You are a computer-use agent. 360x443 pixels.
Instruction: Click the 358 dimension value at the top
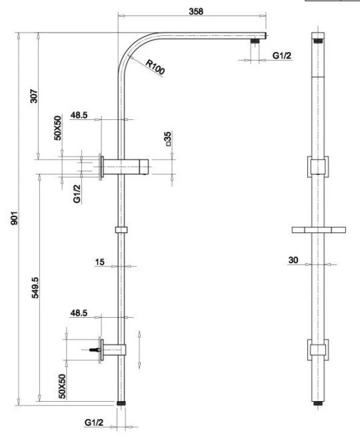pyautogui.click(x=196, y=11)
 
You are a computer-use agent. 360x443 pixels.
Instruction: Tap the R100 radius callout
pyautogui.click(x=155, y=67)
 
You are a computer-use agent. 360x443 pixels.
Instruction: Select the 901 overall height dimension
pyautogui.click(x=14, y=218)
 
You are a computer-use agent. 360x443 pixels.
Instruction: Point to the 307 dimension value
pyautogui.click(x=33, y=96)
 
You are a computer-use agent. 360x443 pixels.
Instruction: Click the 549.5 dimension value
pyautogui.click(x=35, y=288)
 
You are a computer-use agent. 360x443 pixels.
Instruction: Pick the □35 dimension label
pyautogui.click(x=168, y=139)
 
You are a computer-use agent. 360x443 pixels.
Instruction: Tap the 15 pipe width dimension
pyautogui.click(x=99, y=262)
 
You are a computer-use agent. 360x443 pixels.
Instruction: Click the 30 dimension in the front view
pyautogui.click(x=293, y=260)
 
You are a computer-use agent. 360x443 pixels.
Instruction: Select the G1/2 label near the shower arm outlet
pyautogui.click(x=281, y=55)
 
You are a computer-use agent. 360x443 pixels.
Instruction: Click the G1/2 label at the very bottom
pyautogui.click(x=94, y=422)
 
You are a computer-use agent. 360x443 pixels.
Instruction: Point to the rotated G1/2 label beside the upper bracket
pyautogui.click(x=77, y=194)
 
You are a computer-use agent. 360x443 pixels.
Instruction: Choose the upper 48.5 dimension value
pyautogui.click(x=79, y=115)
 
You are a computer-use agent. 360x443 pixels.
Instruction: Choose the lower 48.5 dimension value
pyautogui.click(x=79, y=312)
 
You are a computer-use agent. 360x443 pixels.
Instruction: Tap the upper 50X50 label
pyautogui.click(x=57, y=128)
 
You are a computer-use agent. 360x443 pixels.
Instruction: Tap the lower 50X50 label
pyautogui.click(x=62, y=386)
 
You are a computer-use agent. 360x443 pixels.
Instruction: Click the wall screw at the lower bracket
pyautogui.click(x=95, y=350)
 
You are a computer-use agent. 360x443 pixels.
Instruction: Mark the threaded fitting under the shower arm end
pyautogui.click(x=255, y=41)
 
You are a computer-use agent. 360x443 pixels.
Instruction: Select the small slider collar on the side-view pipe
pyautogui.click(x=121, y=230)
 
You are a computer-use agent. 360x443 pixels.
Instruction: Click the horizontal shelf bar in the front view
pyautogui.click(x=319, y=230)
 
